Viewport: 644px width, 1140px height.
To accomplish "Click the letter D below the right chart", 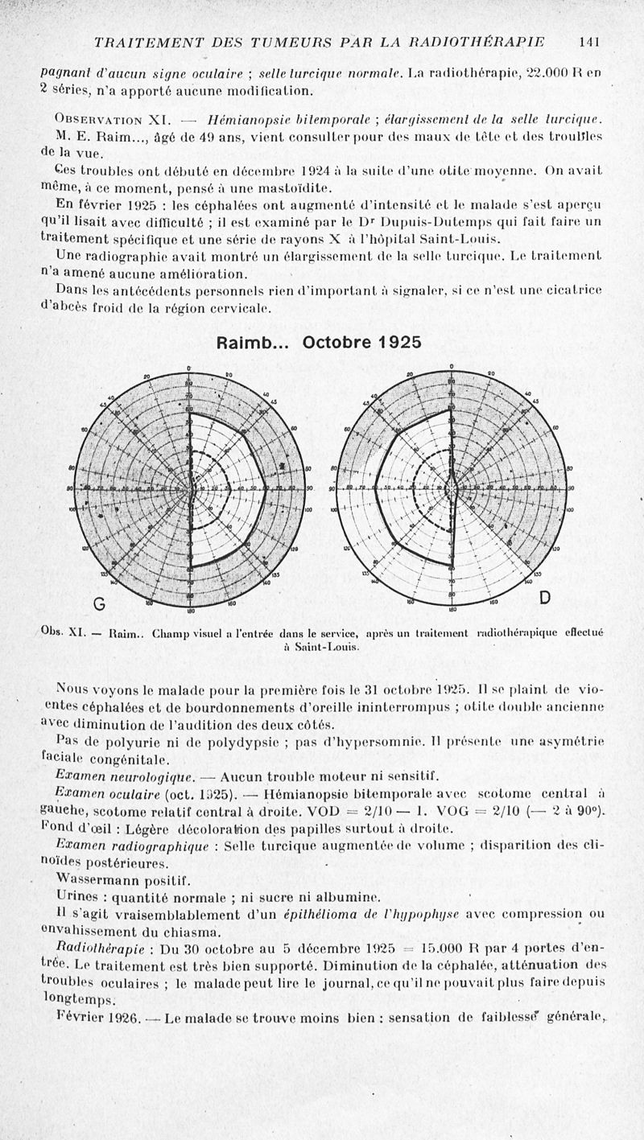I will [545, 597].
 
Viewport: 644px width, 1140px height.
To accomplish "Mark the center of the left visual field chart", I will [191, 488].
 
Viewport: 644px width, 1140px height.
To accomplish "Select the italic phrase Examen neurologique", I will [121, 776].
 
